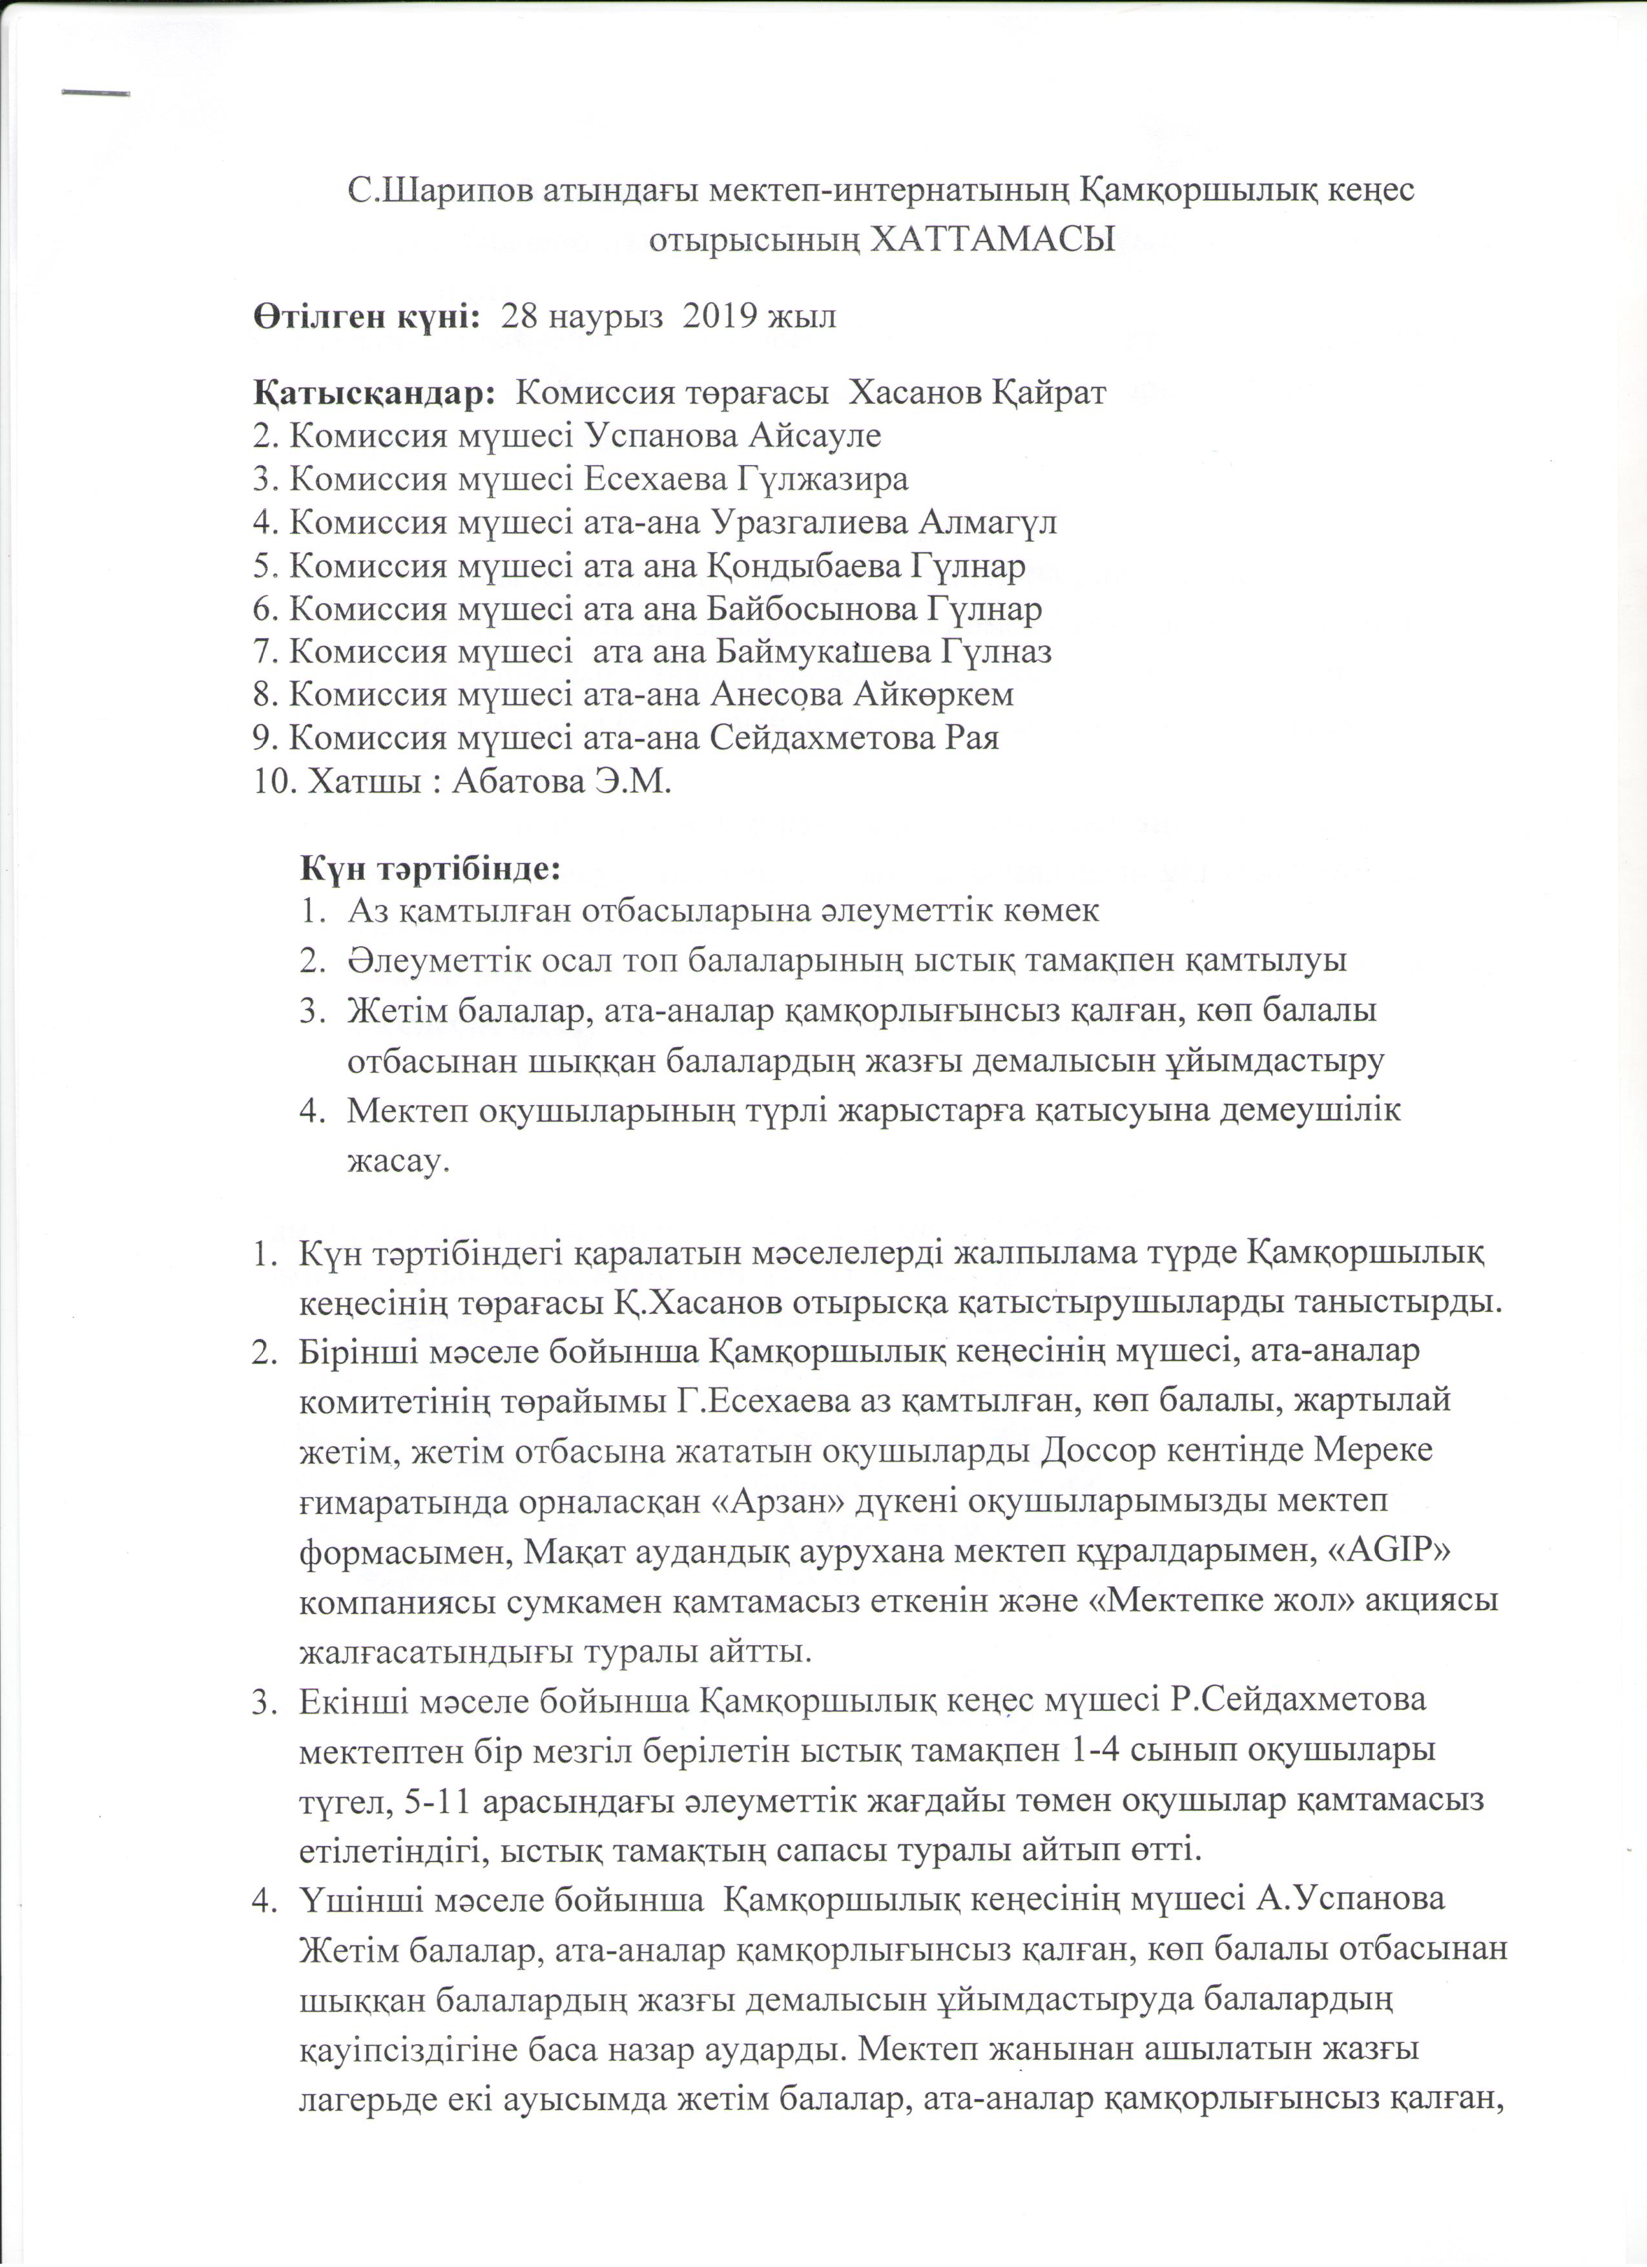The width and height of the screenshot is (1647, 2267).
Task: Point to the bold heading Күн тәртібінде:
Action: coord(431,867)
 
